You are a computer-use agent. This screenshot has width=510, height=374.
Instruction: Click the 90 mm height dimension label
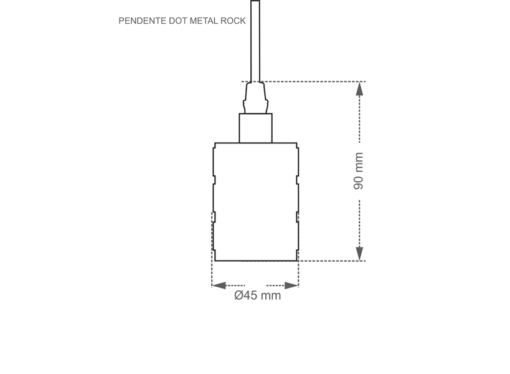[x=359, y=171]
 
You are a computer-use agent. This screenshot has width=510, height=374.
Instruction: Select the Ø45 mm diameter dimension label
[x=257, y=295]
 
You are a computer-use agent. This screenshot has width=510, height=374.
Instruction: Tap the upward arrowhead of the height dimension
[x=359, y=89]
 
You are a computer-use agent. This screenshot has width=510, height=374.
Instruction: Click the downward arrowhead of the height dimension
[x=359, y=254]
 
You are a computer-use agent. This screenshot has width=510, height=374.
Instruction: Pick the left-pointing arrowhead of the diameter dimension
[x=219, y=285]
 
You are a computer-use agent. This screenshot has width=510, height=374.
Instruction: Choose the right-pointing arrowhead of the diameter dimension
[x=291, y=285]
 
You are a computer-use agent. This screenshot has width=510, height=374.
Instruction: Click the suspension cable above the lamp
[x=255, y=37]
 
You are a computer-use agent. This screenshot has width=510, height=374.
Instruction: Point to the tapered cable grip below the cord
[x=255, y=98]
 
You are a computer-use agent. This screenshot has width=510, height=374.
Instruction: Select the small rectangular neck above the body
[x=255, y=128]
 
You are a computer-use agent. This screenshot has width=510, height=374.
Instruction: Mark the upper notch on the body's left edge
[x=214, y=180]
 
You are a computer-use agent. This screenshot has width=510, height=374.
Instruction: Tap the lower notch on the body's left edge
[x=214, y=217]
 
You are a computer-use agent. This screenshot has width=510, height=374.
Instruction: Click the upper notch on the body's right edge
[x=297, y=180]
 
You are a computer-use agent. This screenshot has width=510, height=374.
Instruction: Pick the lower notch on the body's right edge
[x=297, y=217]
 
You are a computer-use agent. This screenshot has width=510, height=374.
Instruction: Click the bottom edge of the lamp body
[x=255, y=261]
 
